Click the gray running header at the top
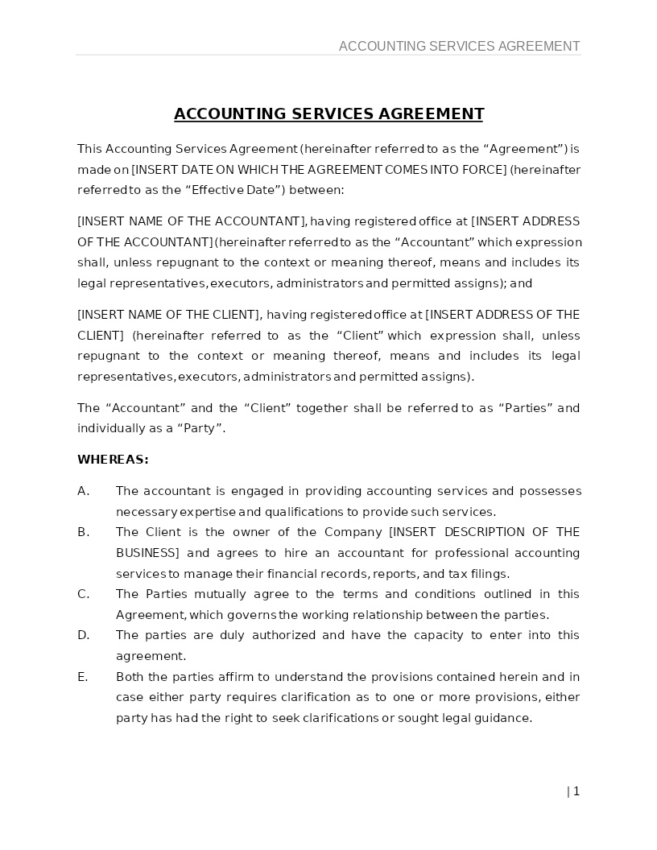point(459,46)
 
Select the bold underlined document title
point(328,113)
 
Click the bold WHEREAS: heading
point(113,460)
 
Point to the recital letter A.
point(83,491)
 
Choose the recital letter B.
point(83,532)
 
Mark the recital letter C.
point(83,594)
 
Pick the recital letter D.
point(83,635)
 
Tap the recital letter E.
point(82,677)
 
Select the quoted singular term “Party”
point(200,428)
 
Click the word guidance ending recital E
point(502,718)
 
